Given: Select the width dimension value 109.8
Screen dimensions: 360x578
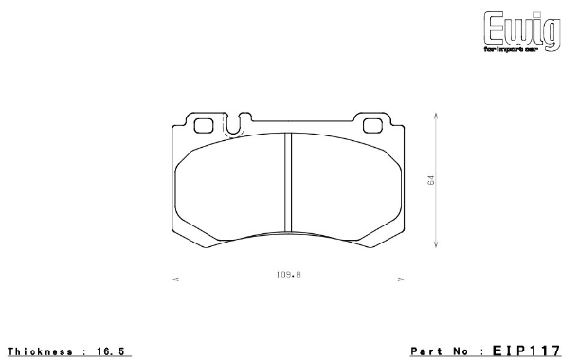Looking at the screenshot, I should point(289,274).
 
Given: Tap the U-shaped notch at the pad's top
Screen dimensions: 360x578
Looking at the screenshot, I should point(238,123).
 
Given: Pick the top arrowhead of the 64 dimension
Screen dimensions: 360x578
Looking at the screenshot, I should point(436,117).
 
